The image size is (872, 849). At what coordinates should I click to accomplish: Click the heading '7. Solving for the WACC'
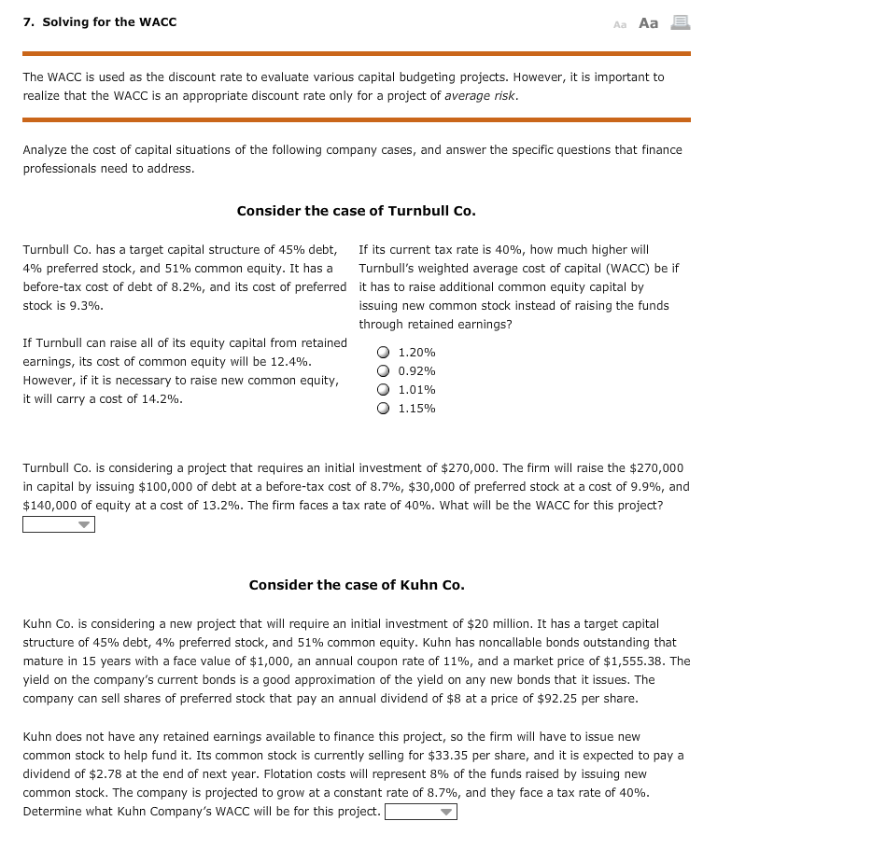tap(100, 21)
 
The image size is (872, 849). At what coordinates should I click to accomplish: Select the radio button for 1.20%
tap(383, 353)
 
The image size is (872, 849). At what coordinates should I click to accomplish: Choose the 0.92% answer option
tap(383, 371)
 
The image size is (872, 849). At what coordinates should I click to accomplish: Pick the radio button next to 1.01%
tap(383, 390)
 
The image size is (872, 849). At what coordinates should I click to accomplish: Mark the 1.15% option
tap(383, 409)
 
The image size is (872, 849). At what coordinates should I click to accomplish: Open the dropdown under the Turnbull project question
tap(59, 524)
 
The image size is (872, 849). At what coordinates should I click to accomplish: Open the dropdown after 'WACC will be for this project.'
tap(421, 812)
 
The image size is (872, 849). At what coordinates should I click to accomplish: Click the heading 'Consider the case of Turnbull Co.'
tap(356, 211)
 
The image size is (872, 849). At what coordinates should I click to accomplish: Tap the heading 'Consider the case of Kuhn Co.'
tap(356, 585)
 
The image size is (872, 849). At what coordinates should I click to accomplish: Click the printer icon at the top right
tap(681, 22)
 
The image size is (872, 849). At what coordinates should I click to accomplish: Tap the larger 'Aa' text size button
tap(649, 22)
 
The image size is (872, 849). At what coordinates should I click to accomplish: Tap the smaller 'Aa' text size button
tap(620, 23)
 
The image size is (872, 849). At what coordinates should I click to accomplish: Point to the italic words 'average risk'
tap(480, 96)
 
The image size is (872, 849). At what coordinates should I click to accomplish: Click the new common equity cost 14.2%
tap(163, 399)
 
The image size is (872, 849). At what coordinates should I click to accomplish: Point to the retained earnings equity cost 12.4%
tap(293, 362)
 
